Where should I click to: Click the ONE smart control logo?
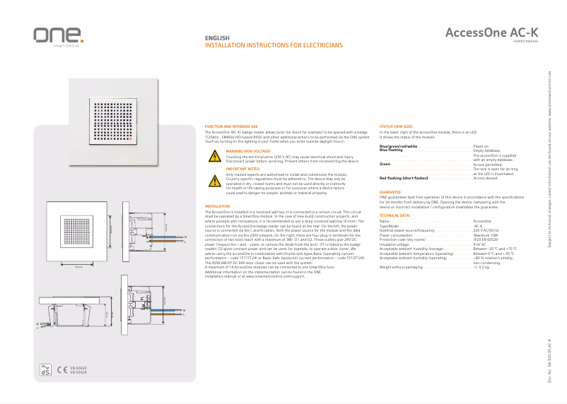click(58, 36)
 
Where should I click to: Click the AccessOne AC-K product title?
click(491, 32)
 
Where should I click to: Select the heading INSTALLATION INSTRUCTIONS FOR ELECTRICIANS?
click(273, 44)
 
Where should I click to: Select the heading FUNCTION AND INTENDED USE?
click(231, 126)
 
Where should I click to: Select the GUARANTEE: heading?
click(391, 191)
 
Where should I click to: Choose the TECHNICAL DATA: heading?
click(394, 215)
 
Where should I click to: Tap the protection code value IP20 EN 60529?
click(488, 239)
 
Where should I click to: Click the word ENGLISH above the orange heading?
click(216, 38)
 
